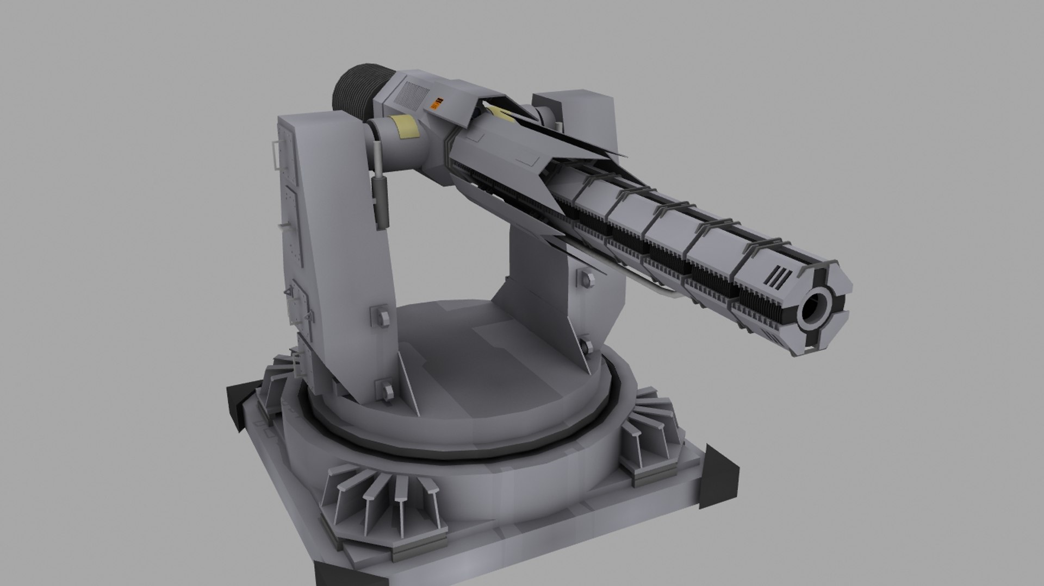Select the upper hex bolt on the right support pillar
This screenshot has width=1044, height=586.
click(x=586, y=278)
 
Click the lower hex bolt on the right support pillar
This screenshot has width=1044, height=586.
click(x=586, y=346)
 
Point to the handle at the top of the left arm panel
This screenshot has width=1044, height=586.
click(x=276, y=155)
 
